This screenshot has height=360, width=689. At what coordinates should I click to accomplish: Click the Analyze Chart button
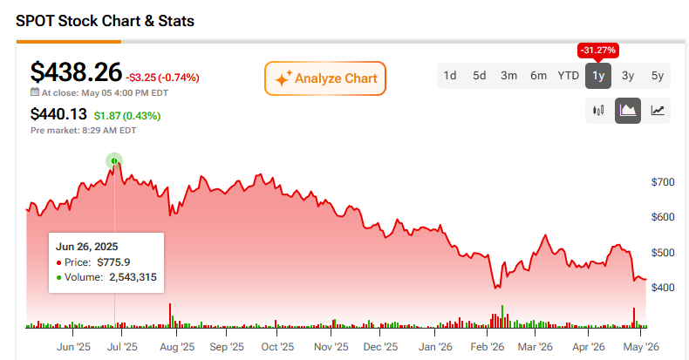(325, 78)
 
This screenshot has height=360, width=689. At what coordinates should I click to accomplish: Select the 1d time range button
(449, 76)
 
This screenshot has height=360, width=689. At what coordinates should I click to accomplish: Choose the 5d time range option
(480, 76)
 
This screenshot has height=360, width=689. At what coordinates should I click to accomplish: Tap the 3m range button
(508, 76)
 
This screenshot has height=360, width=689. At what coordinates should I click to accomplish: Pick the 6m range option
(538, 76)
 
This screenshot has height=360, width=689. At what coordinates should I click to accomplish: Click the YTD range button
(568, 76)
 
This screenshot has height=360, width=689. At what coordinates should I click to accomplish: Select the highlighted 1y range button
(598, 76)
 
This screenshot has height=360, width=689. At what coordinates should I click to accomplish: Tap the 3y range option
(628, 76)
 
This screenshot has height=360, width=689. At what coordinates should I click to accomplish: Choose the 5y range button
(658, 76)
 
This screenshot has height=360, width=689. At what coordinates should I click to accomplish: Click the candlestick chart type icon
(598, 111)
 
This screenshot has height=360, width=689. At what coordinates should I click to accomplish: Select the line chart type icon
(658, 111)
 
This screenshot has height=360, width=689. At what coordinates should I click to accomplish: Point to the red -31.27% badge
(598, 51)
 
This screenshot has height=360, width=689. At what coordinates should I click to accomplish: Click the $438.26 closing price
(76, 72)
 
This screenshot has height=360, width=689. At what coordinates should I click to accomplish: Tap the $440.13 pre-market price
(58, 114)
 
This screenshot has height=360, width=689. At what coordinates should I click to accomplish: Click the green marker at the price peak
(114, 161)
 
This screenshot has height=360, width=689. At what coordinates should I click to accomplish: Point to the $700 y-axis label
(663, 182)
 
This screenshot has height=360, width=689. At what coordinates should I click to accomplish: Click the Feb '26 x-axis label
(488, 347)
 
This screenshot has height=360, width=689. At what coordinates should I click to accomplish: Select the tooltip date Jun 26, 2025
(86, 247)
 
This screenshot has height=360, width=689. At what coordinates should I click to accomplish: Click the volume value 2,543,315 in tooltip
(133, 277)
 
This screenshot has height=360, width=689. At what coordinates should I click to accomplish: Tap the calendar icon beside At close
(35, 92)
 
